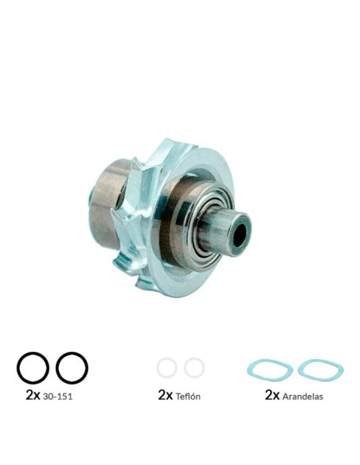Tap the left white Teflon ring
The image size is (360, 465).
point(166,368)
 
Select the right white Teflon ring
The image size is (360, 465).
point(194,368)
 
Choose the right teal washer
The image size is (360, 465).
point(319,369)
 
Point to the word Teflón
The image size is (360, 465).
point(190,396)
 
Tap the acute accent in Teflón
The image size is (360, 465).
point(194,392)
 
